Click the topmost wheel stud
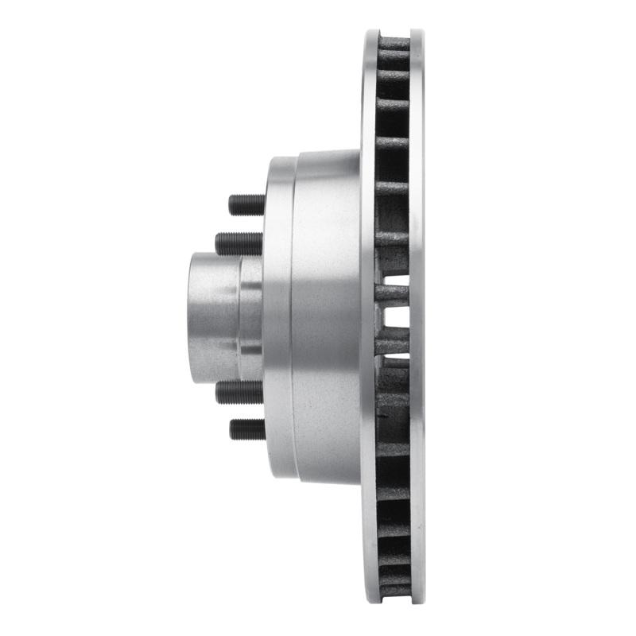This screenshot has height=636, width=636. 246,204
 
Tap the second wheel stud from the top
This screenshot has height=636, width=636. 238,242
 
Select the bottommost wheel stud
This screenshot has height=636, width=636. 246,429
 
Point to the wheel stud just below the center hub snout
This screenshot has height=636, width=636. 238,391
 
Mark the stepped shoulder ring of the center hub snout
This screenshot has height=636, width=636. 251,318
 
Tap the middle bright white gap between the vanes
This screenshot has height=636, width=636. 397,317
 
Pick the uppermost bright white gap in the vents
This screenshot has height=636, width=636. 397,280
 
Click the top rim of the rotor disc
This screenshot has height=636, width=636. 394,33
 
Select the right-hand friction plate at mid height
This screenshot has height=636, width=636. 417,318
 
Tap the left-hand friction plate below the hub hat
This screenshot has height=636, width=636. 369,541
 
